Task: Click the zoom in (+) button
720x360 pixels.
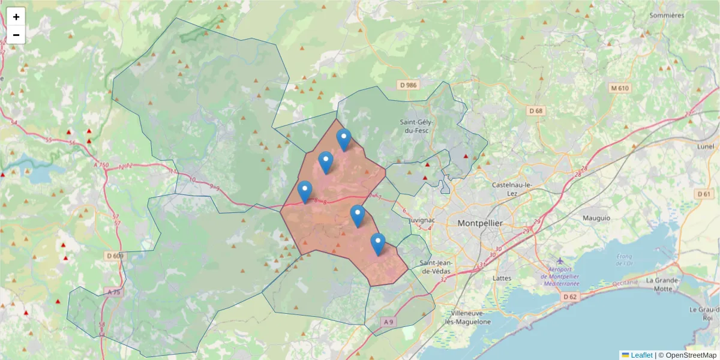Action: click(x=16, y=17)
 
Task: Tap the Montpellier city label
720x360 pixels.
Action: click(x=480, y=223)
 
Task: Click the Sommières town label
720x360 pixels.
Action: click(x=666, y=15)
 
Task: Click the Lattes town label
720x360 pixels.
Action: click(x=501, y=278)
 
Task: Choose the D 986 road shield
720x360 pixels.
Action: click(x=408, y=85)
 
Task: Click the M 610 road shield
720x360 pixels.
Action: click(x=620, y=88)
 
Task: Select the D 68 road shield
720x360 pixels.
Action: click(x=536, y=111)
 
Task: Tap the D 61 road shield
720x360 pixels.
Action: click(x=704, y=194)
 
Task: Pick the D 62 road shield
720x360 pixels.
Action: click(x=571, y=296)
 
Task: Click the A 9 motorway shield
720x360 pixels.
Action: click(x=389, y=322)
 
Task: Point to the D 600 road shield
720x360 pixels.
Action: click(x=114, y=256)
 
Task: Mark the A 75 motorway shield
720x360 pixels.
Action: click(x=112, y=292)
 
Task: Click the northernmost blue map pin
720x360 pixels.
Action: click(x=344, y=140)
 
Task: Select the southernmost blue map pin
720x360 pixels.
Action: click(x=377, y=244)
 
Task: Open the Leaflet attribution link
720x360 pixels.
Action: click(x=641, y=355)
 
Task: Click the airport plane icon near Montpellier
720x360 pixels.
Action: click(x=560, y=261)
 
